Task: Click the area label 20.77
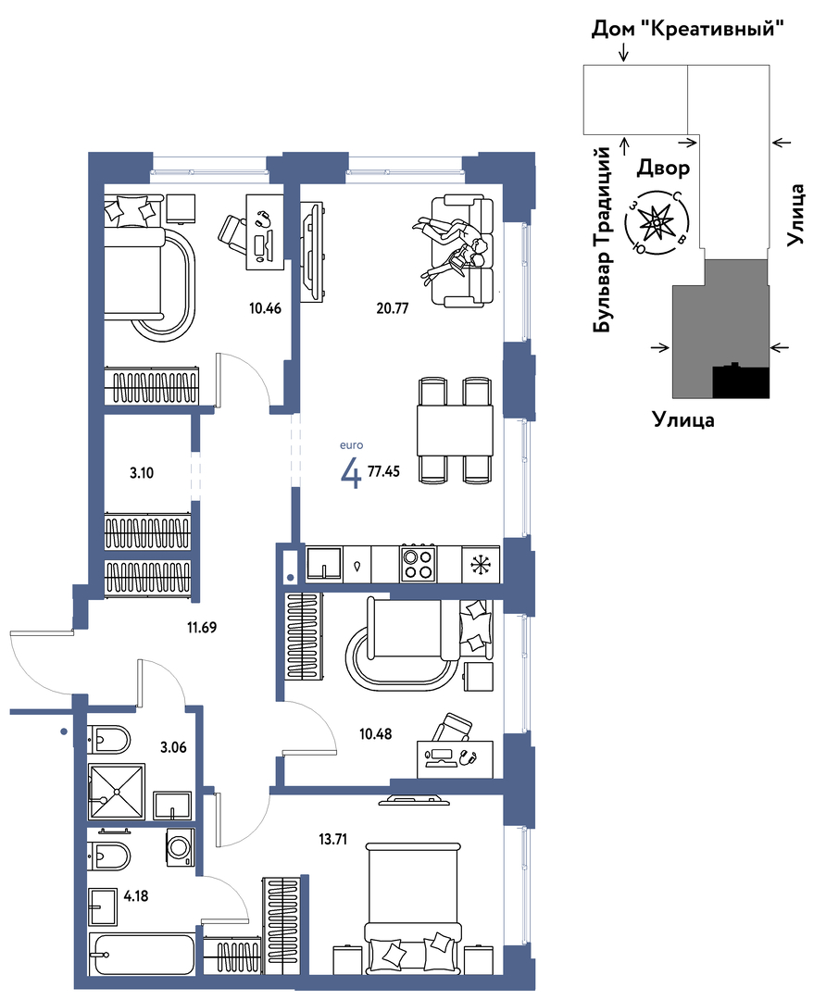click(393, 308)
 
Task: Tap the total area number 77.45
click(384, 471)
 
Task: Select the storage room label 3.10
click(142, 473)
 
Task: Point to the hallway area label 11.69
click(202, 628)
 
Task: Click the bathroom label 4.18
click(136, 896)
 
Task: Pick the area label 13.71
click(333, 839)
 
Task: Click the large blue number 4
click(352, 473)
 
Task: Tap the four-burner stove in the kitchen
click(418, 563)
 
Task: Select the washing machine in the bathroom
click(180, 847)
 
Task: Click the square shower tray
click(117, 792)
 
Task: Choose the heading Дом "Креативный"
click(687, 29)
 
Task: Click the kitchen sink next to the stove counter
click(324, 563)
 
